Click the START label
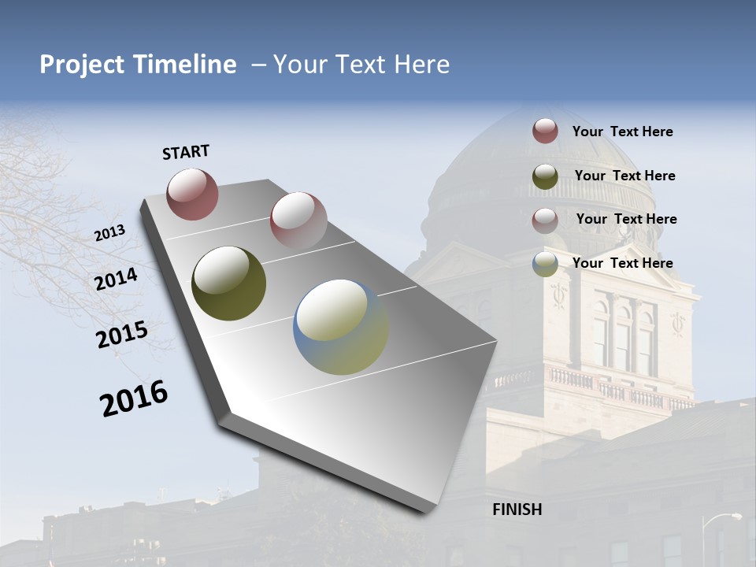[x=186, y=152]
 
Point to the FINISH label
[x=517, y=510]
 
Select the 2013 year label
[x=110, y=233]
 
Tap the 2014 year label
[x=117, y=280]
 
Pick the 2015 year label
[x=122, y=335]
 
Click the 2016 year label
[x=134, y=398]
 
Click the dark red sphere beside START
[x=192, y=194]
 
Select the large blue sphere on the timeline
[x=341, y=327]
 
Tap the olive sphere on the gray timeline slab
[x=229, y=283]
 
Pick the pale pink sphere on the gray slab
[x=298, y=220]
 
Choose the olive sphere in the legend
[x=545, y=176]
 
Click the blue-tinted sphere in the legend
[x=545, y=264]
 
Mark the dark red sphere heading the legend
[x=545, y=131]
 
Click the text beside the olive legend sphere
[x=624, y=176]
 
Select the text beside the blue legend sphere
[x=622, y=263]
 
